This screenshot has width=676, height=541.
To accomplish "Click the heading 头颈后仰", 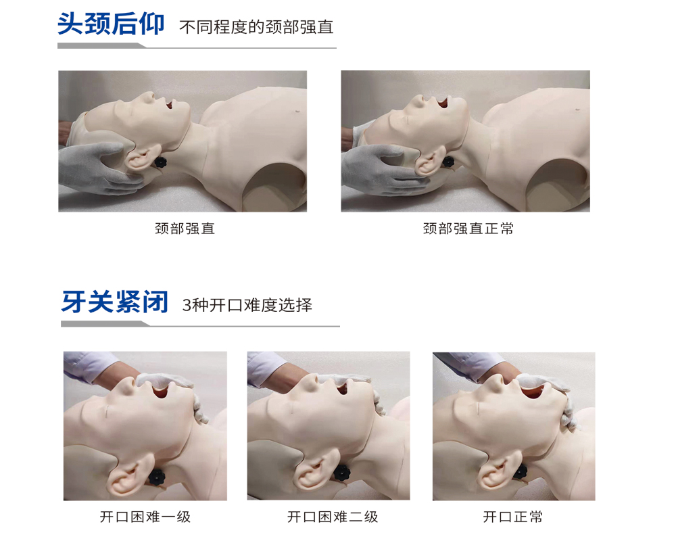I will point(111,24).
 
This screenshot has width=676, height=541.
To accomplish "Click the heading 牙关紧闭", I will point(114,302).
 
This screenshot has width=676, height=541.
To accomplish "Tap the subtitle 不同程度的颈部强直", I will point(256,28).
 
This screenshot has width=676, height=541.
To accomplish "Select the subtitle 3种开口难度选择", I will point(247,305).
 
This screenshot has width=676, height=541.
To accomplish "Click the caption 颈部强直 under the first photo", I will point(185,229).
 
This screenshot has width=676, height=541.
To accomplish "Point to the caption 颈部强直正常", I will point(468,229).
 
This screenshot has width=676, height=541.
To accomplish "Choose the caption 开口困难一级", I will point(145,517).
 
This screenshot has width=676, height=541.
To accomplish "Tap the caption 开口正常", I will point(512,517).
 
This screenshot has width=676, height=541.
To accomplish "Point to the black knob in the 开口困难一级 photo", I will point(158,477).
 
